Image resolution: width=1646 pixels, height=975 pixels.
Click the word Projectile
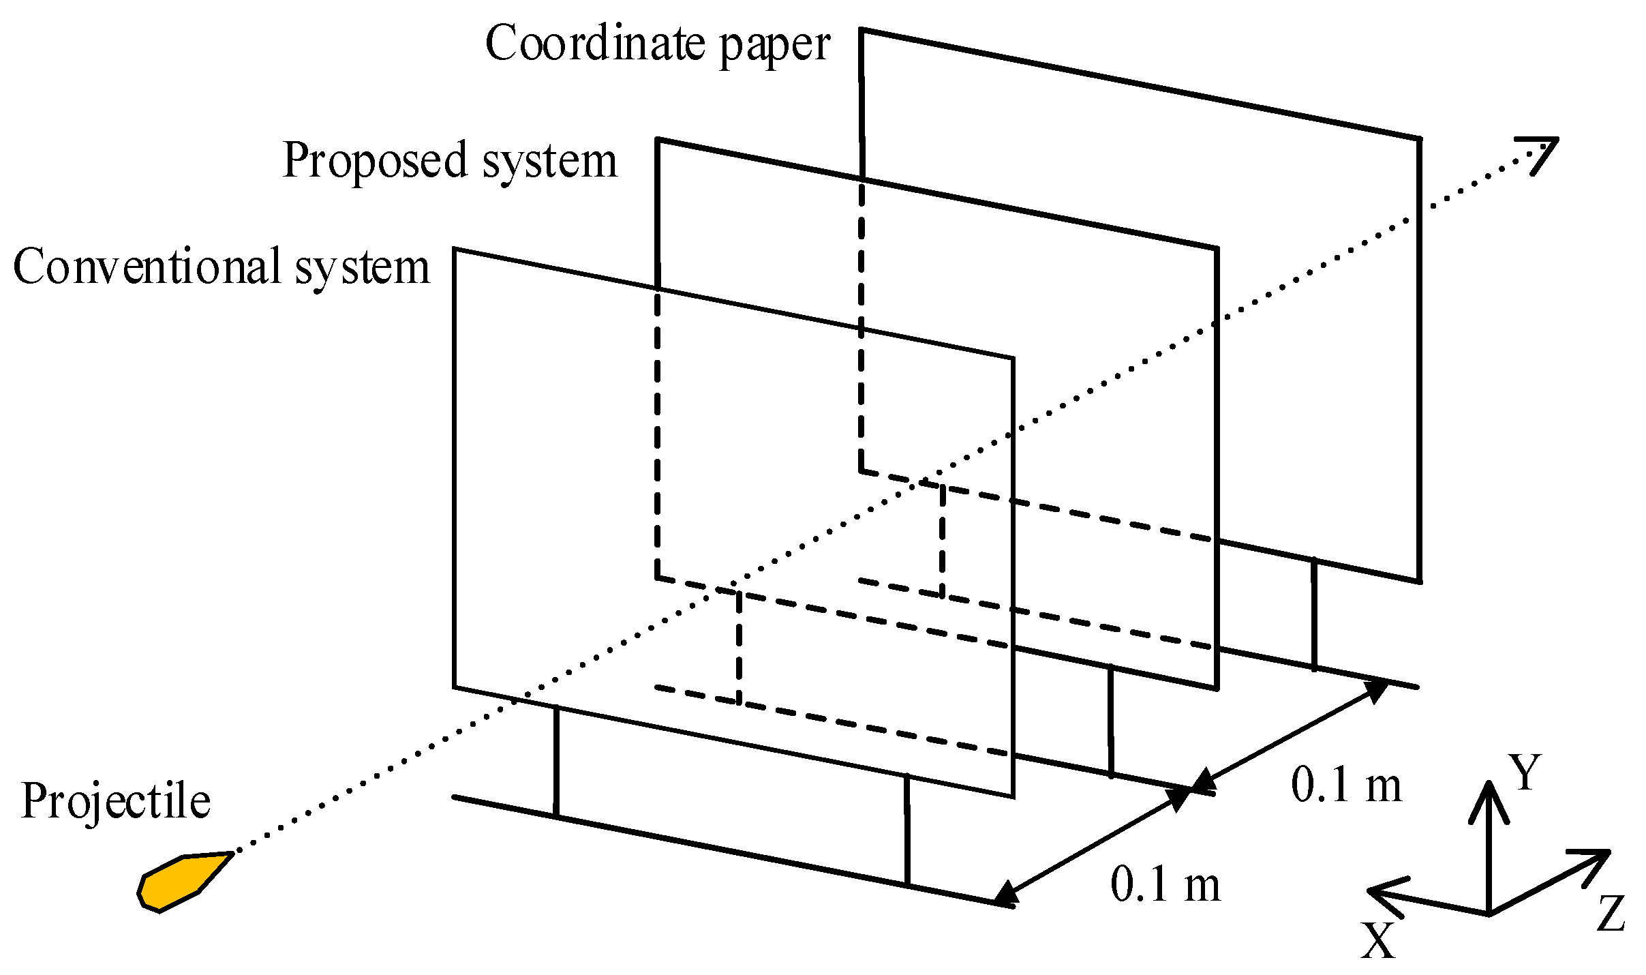click(x=115, y=802)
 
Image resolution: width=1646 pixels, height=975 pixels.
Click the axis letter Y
click(x=1525, y=772)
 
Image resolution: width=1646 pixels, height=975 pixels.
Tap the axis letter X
click(x=1377, y=942)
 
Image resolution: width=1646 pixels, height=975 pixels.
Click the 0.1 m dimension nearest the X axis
click(x=1165, y=885)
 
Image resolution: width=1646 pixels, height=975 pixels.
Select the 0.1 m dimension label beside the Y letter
click(x=1345, y=785)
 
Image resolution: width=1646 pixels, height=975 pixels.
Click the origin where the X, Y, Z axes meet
click(x=1489, y=914)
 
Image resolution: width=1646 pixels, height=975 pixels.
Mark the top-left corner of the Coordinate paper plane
click(x=862, y=30)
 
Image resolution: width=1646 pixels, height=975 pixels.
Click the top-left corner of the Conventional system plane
click(x=455, y=250)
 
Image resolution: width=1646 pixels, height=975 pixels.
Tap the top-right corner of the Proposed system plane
click(x=1217, y=249)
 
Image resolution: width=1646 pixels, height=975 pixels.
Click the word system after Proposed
click(x=549, y=162)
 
